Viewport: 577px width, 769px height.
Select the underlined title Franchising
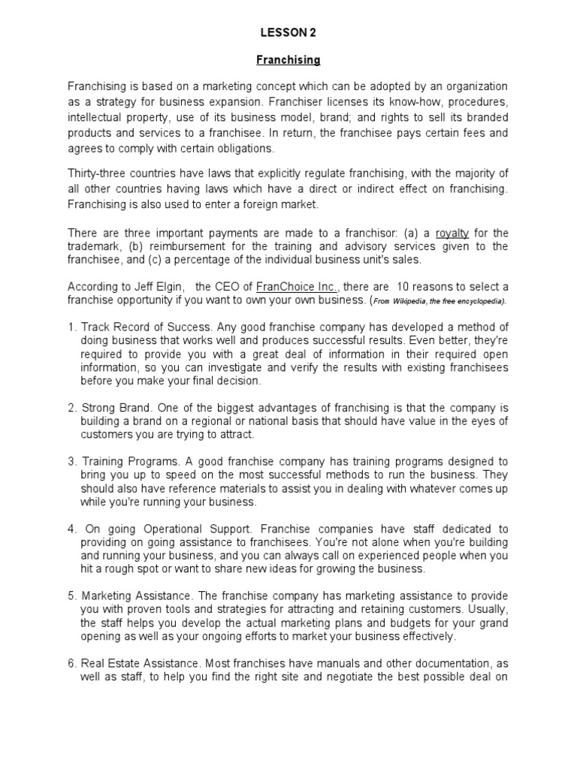coord(288,59)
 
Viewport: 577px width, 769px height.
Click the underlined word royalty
coord(452,233)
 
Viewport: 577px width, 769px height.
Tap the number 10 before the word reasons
coord(403,287)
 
